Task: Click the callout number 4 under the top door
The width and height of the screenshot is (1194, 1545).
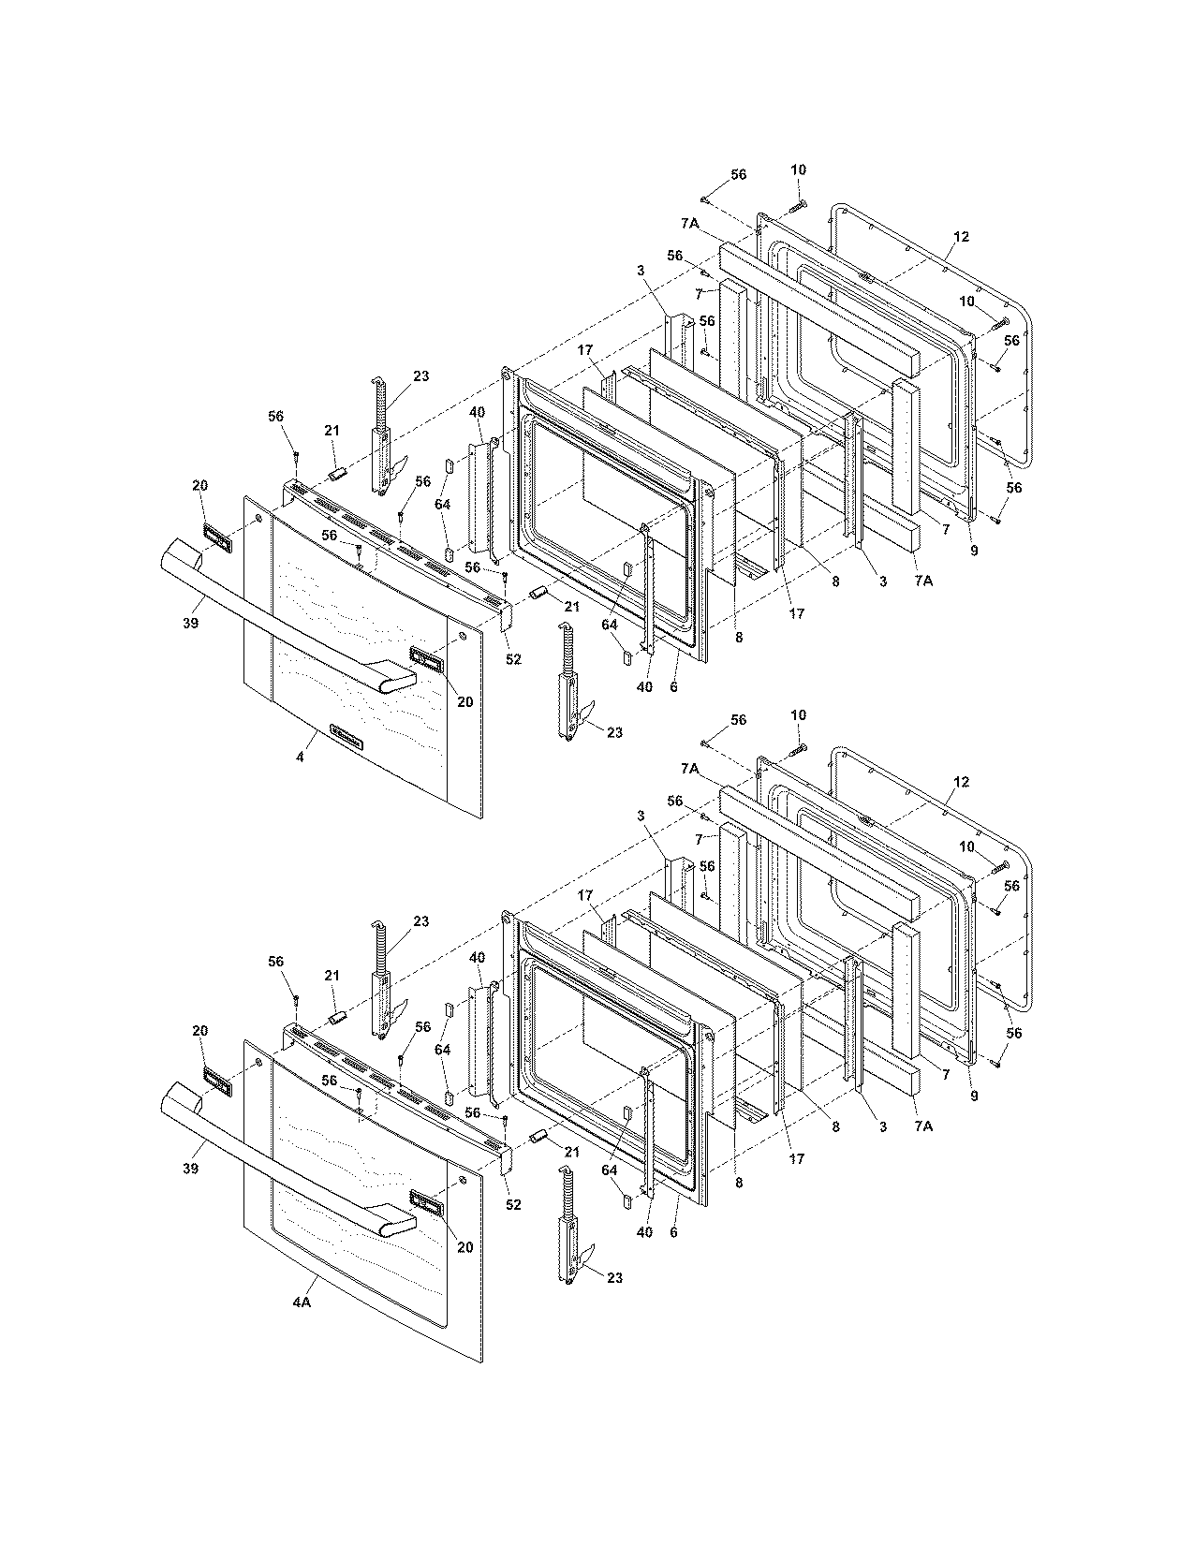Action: click(300, 756)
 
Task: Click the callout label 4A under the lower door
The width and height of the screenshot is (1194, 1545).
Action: click(301, 1302)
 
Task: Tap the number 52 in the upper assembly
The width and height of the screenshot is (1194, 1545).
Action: click(513, 659)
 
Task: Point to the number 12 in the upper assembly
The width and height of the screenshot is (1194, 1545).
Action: click(961, 237)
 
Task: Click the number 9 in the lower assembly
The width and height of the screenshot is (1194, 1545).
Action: click(974, 1096)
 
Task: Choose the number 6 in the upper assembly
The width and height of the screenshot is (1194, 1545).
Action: click(674, 686)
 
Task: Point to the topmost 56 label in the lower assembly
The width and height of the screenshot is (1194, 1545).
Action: click(739, 719)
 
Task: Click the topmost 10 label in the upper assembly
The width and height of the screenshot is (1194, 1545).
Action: click(798, 169)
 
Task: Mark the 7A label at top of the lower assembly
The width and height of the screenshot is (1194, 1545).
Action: click(690, 768)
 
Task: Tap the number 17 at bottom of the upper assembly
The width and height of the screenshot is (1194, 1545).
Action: click(797, 614)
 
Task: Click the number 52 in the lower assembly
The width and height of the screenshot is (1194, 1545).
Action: click(513, 1205)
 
